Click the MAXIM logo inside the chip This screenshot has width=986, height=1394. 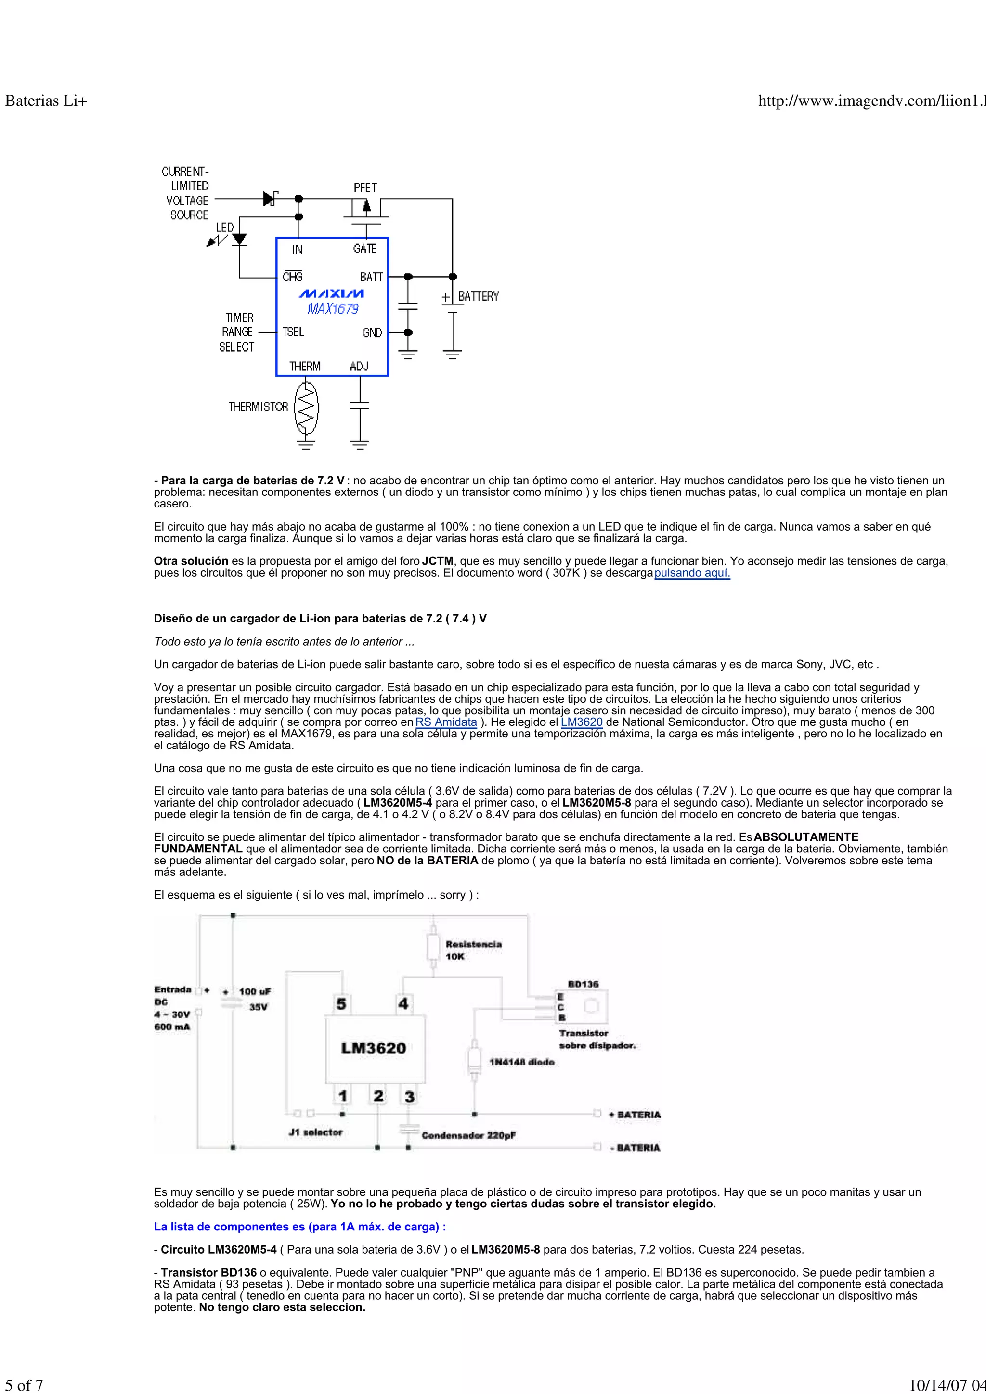pyautogui.click(x=331, y=294)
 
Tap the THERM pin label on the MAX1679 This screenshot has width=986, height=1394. pyautogui.click(x=304, y=366)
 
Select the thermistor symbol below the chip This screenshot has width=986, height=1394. pyautogui.click(x=306, y=407)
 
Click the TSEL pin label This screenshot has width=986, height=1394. pyautogui.click(x=293, y=332)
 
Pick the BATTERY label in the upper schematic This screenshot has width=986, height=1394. pyautogui.click(x=478, y=296)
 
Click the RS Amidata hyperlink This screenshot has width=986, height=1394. pyautogui.click(x=446, y=722)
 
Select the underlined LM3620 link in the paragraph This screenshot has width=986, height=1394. pyautogui.click(x=582, y=722)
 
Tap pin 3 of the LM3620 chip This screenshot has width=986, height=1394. pyautogui.click(x=409, y=1096)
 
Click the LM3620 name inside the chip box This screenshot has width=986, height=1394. pyautogui.click(x=374, y=1048)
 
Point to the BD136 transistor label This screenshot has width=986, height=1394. pyautogui.click(x=583, y=984)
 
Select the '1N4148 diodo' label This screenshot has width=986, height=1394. pyautogui.click(x=522, y=1062)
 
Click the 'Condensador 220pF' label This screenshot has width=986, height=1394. pyautogui.click(x=468, y=1135)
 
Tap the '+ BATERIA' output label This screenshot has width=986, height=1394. pyautogui.click(x=635, y=1114)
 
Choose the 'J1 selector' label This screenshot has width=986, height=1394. pyautogui.click(x=315, y=1132)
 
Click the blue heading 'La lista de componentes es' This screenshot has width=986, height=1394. pyautogui.click(x=299, y=1227)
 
